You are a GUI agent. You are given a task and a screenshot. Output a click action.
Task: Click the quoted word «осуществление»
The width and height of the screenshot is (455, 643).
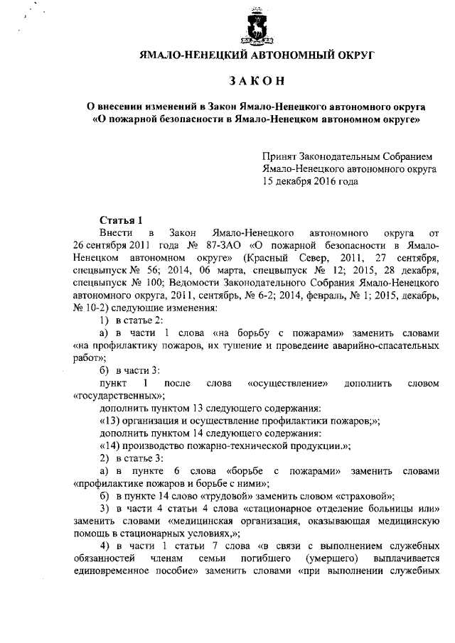287,384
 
